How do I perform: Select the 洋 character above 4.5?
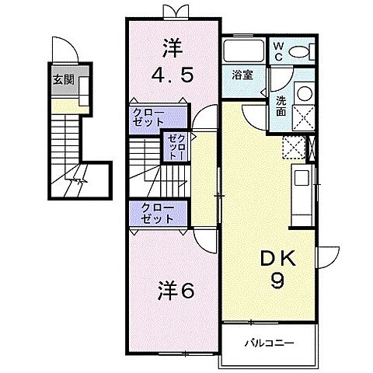pos(172,48)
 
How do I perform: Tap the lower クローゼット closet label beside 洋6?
pos(155,212)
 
